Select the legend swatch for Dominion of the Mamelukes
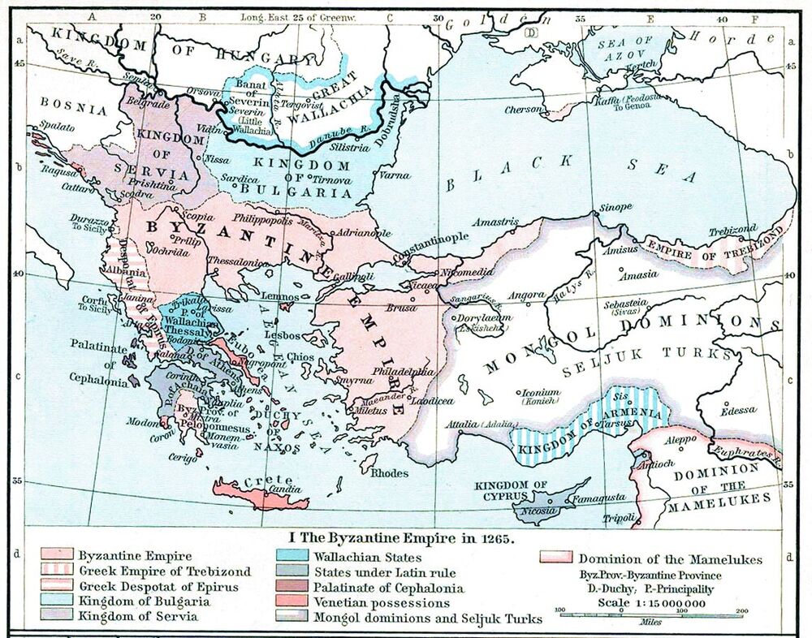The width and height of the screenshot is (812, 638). (x=555, y=558)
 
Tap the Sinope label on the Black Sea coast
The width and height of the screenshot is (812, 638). (x=615, y=208)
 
